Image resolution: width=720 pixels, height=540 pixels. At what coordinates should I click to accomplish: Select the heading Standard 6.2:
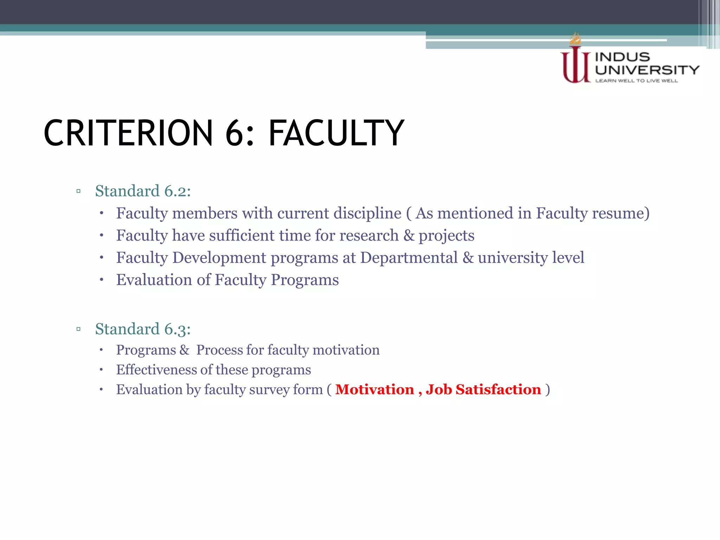click(x=143, y=191)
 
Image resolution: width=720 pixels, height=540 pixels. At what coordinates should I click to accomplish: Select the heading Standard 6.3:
click(x=143, y=329)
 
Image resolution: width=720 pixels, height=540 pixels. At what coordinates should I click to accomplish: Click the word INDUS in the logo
click(x=622, y=57)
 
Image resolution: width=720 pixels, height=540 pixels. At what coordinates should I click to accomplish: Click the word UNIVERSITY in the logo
click(x=647, y=70)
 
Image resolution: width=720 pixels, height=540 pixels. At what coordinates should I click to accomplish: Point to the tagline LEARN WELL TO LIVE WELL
click(x=636, y=81)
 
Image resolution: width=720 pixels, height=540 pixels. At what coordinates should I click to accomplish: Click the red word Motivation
click(x=374, y=390)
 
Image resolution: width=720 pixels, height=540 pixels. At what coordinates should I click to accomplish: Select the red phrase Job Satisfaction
click(x=483, y=390)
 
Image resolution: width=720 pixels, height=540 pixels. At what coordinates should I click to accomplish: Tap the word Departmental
click(x=409, y=257)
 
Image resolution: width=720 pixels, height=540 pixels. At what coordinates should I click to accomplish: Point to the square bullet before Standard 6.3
click(x=78, y=329)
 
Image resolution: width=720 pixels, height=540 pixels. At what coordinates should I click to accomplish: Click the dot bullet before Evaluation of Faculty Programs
click(x=101, y=280)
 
